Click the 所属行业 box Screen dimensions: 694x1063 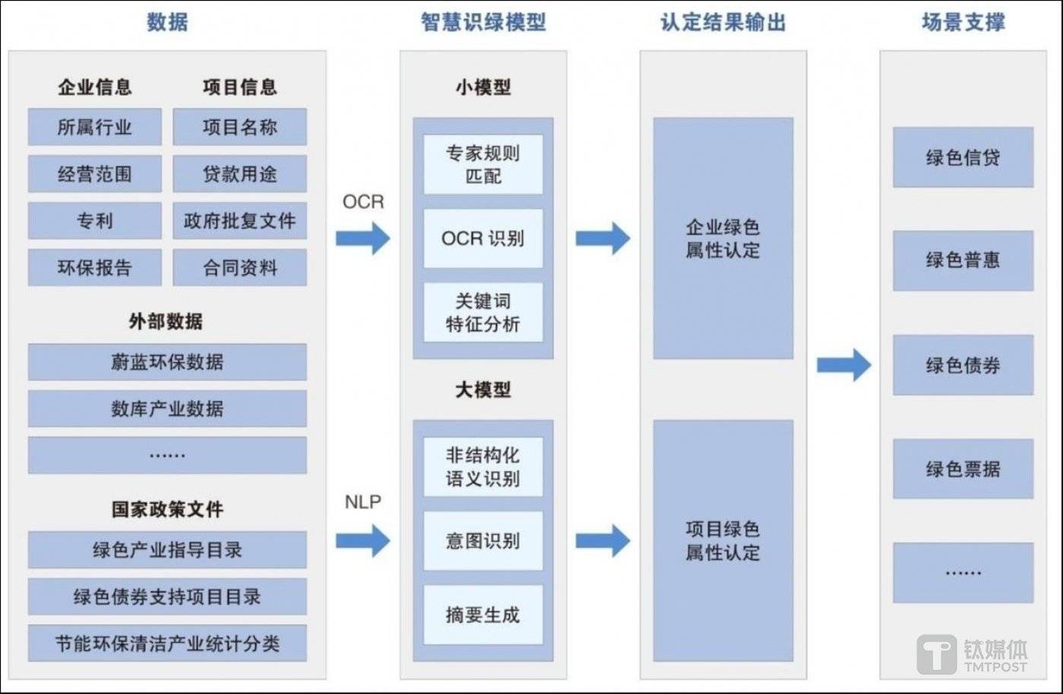click(x=94, y=127)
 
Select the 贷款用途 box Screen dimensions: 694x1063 click(x=239, y=174)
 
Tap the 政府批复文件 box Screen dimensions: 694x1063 click(x=239, y=221)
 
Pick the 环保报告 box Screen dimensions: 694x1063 click(x=94, y=267)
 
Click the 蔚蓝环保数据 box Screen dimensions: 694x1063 click(x=167, y=362)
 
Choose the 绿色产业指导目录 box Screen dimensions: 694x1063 click(x=167, y=550)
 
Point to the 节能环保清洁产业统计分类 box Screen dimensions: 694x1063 click(x=167, y=643)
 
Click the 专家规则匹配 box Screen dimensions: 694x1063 click(x=482, y=165)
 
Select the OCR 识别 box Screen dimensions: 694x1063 click(x=482, y=238)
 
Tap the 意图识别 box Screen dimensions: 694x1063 click(x=482, y=541)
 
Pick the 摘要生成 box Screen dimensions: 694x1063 click(x=482, y=614)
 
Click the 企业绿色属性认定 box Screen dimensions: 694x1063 click(x=723, y=238)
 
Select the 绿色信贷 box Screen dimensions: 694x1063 click(x=963, y=157)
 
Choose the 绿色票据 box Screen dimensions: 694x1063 click(x=963, y=468)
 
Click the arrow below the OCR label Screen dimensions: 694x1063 click(x=362, y=238)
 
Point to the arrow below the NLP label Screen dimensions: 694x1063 click(x=362, y=541)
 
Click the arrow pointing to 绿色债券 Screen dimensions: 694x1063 click(x=843, y=365)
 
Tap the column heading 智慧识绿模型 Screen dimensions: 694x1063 click(x=483, y=22)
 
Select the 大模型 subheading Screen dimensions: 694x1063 click(x=482, y=390)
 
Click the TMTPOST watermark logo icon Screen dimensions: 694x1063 click(x=936, y=654)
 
